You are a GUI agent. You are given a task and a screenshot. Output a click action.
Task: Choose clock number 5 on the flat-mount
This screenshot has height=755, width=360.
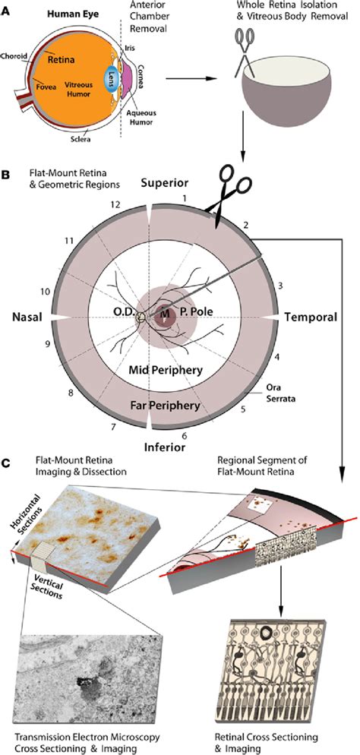tap(262, 408)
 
